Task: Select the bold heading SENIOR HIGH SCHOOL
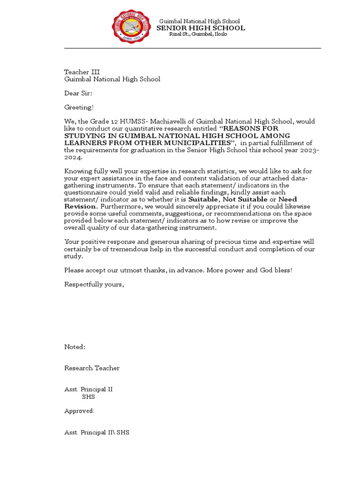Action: pos(201,28)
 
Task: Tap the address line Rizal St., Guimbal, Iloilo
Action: pos(198,35)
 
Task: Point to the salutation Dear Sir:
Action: pos(78,93)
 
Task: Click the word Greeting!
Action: pos(79,108)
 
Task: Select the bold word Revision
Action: pos(81,207)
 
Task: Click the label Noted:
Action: pos(75,347)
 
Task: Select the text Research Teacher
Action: pos(92,368)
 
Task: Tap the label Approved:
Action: pos(79,411)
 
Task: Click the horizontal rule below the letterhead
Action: pos(192,48)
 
